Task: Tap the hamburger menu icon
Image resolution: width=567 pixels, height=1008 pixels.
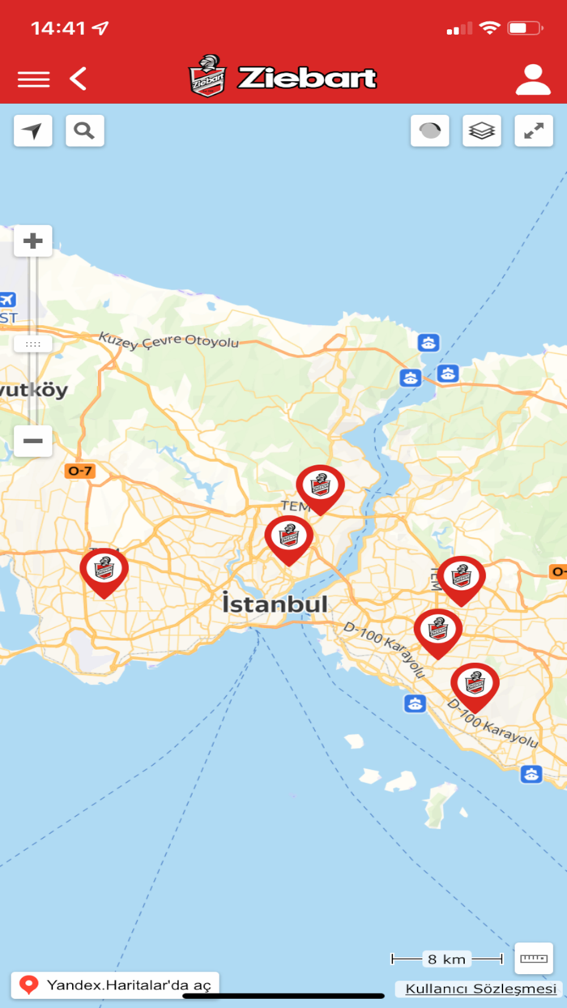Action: pyautogui.click(x=33, y=79)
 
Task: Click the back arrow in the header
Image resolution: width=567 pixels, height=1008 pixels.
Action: pyautogui.click(x=78, y=79)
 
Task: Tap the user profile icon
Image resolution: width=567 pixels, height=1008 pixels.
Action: pyautogui.click(x=532, y=79)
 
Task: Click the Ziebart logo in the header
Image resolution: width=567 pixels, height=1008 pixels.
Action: pyautogui.click(x=283, y=77)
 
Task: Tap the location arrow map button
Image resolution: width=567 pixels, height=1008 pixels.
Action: pyautogui.click(x=33, y=130)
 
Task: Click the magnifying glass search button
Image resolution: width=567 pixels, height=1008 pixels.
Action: pyautogui.click(x=85, y=130)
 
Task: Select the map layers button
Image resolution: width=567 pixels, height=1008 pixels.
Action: pyautogui.click(x=482, y=130)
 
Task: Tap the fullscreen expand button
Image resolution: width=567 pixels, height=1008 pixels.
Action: pyautogui.click(x=534, y=130)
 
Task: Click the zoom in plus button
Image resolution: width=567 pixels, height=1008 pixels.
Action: pyautogui.click(x=33, y=241)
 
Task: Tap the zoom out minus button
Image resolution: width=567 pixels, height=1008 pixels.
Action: pyautogui.click(x=33, y=441)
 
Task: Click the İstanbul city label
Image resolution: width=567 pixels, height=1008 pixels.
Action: pyautogui.click(x=275, y=604)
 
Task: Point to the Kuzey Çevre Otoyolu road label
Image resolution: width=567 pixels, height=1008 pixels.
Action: pyautogui.click(x=168, y=340)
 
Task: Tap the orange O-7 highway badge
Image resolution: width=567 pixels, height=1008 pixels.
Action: pyautogui.click(x=79, y=470)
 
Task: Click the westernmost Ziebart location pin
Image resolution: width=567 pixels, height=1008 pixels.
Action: pyautogui.click(x=104, y=570)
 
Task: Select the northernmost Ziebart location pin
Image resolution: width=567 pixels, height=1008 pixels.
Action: pyautogui.click(x=320, y=486)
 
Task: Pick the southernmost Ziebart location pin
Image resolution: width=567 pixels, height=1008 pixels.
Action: pyautogui.click(x=475, y=684)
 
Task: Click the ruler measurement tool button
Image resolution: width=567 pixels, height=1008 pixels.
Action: pyautogui.click(x=534, y=958)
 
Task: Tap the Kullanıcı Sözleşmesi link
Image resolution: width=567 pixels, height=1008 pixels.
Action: pyautogui.click(x=481, y=989)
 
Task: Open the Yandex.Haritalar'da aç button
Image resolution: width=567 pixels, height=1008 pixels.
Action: pyautogui.click(x=115, y=985)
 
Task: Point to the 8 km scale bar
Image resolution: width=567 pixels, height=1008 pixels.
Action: pyautogui.click(x=446, y=959)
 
